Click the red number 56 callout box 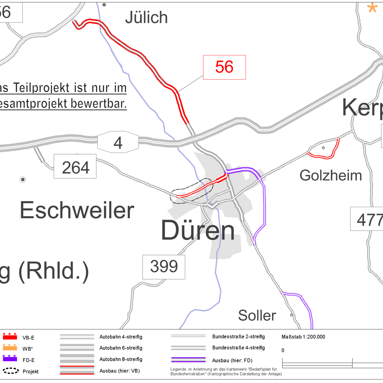pyautogui.click(x=224, y=67)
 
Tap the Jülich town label pyautogui.click(x=146, y=18)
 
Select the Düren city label pyautogui.click(x=198, y=230)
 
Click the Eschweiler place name pyautogui.click(x=77, y=210)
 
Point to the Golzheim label pyautogui.click(x=331, y=176)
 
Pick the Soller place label pyautogui.click(x=257, y=316)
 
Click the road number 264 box pyautogui.click(x=75, y=166)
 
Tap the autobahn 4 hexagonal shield pyautogui.click(x=118, y=143)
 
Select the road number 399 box pyautogui.click(x=164, y=267)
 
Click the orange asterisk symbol pyautogui.click(x=372, y=7)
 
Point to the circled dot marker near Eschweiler pyautogui.click(x=23, y=180)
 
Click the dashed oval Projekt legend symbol pyautogui.click(x=11, y=371)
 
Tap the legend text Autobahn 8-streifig pyautogui.click(x=121, y=359)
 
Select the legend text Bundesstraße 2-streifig pyautogui.click(x=238, y=337)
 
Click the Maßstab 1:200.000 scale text pyautogui.click(x=303, y=337)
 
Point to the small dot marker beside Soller pyautogui.click(x=291, y=315)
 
